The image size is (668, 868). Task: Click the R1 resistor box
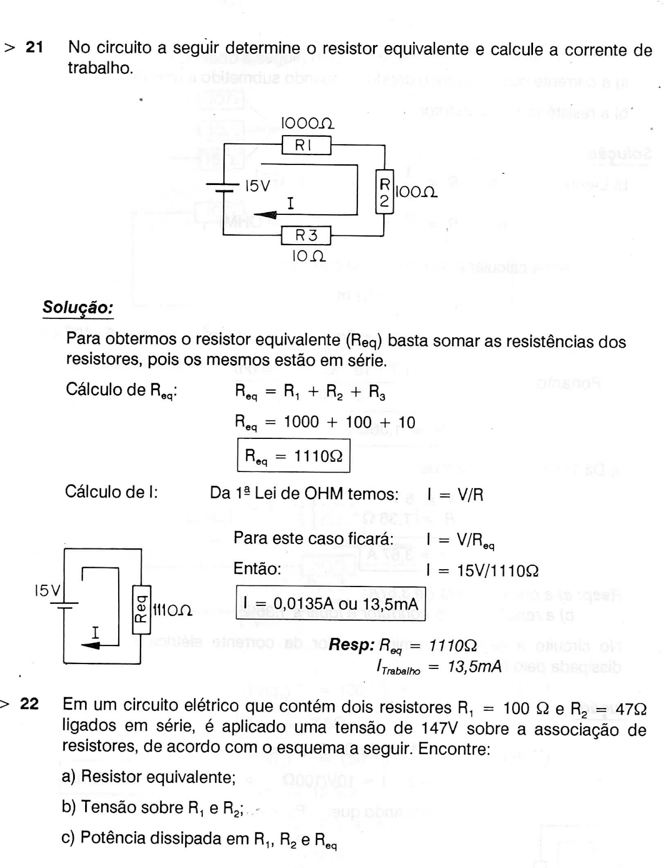[x=306, y=145]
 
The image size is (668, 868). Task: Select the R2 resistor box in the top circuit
[x=384, y=192]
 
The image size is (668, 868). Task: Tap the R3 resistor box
[x=306, y=235]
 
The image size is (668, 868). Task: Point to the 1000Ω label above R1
[x=307, y=124]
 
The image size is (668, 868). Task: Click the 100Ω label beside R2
[x=416, y=192]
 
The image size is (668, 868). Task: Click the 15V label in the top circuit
[x=257, y=186]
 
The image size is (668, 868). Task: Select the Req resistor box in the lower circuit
[x=141, y=610]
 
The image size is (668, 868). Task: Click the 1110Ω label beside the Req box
[x=172, y=610]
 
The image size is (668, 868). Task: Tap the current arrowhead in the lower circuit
[x=91, y=645]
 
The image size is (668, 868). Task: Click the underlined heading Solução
[x=78, y=308]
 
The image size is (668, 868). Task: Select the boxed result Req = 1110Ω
[x=293, y=456]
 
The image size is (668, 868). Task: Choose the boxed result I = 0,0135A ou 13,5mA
[x=330, y=602]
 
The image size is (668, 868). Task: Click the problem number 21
[x=34, y=47]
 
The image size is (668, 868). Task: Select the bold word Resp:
[x=351, y=644]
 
